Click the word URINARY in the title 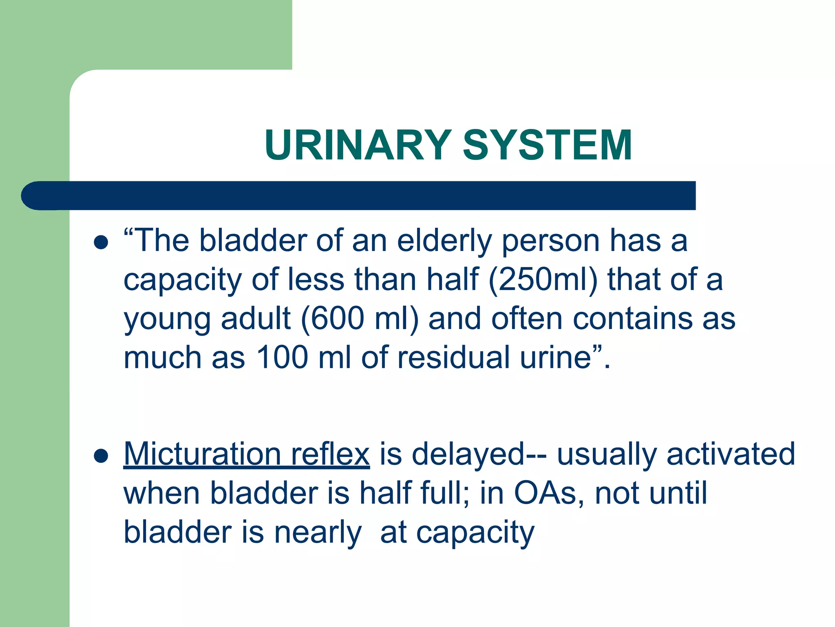point(358,145)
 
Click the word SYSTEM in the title point(547,145)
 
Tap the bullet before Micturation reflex point(101,456)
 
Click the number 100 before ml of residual point(282,358)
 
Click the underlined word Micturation point(202,454)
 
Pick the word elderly point(444,241)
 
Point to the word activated point(731,454)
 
